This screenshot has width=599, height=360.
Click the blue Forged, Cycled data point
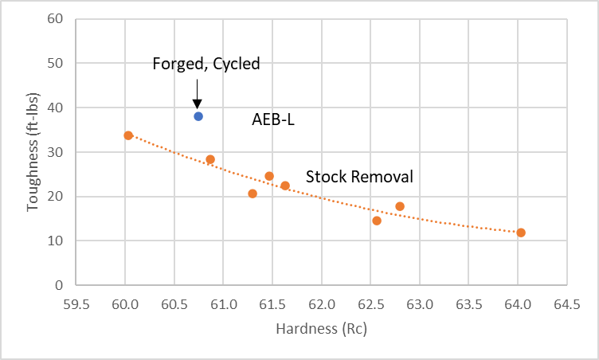198,116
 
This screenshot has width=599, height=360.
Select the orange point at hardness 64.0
521,233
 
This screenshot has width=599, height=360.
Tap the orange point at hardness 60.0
128,135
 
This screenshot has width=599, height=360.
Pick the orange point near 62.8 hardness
400,206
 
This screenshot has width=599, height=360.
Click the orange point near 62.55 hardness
377,221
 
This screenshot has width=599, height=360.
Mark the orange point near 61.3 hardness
253,194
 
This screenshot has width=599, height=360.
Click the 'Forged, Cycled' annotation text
206,64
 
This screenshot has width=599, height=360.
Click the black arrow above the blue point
197,93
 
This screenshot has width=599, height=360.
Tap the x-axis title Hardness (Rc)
321,328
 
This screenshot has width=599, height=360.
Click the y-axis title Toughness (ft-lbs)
33,151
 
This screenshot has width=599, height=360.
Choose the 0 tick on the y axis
59,285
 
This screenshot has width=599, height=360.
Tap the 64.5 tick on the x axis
566,304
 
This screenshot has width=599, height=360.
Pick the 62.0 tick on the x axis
321,304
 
